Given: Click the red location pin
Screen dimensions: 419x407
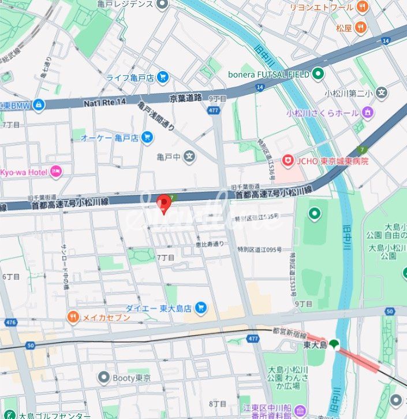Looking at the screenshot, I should click(x=164, y=203).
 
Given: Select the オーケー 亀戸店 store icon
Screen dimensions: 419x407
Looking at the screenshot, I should click(x=147, y=138).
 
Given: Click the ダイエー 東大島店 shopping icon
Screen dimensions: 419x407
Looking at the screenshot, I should click(x=200, y=307).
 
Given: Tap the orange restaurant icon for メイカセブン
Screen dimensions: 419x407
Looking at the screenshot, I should click(x=73, y=317).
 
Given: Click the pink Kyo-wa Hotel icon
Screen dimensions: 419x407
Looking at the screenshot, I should click(x=56, y=171).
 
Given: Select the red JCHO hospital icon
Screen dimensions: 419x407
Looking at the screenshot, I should click(x=287, y=161).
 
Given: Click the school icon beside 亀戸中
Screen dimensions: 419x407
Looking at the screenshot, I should click(x=191, y=156).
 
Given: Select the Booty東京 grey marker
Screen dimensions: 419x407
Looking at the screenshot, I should click(x=104, y=378).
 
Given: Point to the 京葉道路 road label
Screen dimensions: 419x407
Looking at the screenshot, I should click(x=185, y=98).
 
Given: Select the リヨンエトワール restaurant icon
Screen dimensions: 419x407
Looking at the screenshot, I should click(x=362, y=7).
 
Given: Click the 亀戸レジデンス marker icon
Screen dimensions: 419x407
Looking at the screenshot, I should click(x=162, y=5).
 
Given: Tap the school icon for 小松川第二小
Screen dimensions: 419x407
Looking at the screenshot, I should click(x=381, y=92).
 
